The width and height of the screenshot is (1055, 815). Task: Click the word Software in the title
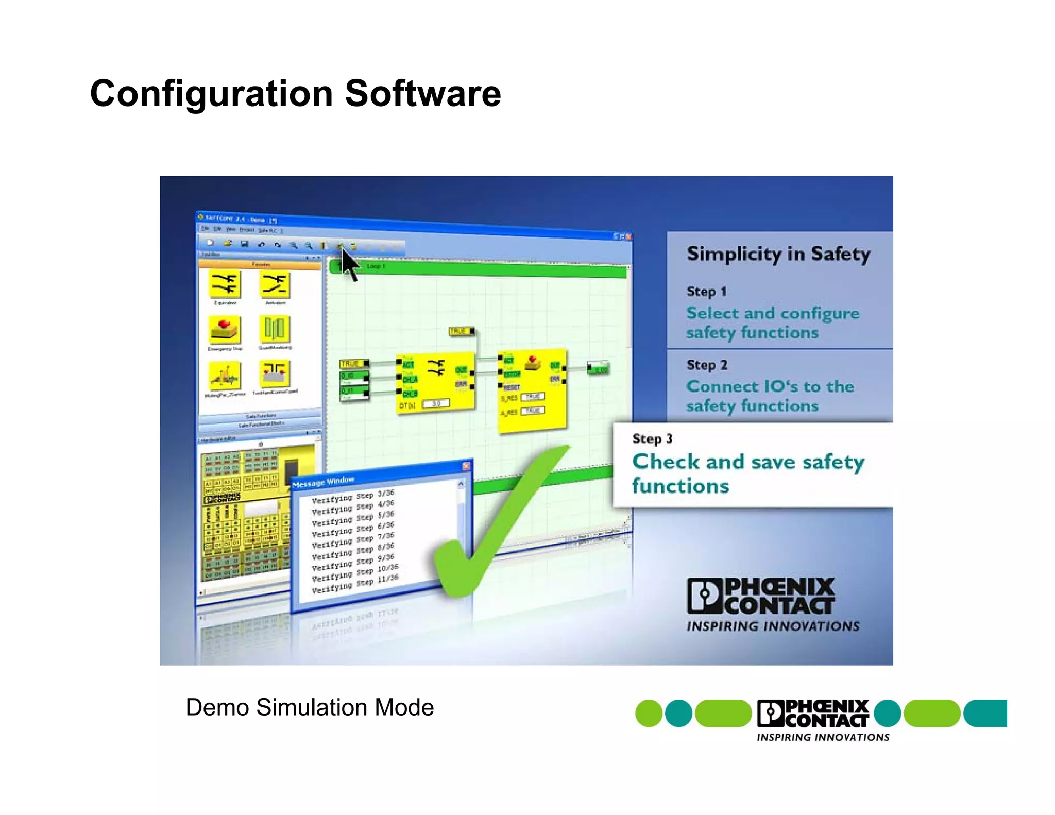pyautogui.click(x=422, y=94)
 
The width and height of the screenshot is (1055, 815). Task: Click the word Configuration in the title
pyautogui.click(x=211, y=94)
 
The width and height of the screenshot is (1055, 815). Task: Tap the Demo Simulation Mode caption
pyautogui.click(x=309, y=707)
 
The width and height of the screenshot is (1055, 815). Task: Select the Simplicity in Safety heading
pyautogui.click(x=778, y=254)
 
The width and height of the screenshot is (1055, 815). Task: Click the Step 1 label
pyautogui.click(x=706, y=292)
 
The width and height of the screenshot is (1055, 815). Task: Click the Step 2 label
pyautogui.click(x=706, y=365)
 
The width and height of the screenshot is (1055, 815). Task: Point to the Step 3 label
pyautogui.click(x=652, y=439)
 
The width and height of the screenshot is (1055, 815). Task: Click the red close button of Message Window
pyautogui.click(x=466, y=466)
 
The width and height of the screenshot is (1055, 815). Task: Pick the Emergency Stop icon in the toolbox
pyautogui.click(x=225, y=330)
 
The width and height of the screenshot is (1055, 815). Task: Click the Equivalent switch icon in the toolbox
pyautogui.click(x=225, y=284)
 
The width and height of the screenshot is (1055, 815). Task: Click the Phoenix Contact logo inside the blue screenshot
pyautogui.click(x=761, y=597)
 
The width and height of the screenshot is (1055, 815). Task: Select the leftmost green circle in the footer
pyautogui.click(x=648, y=714)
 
